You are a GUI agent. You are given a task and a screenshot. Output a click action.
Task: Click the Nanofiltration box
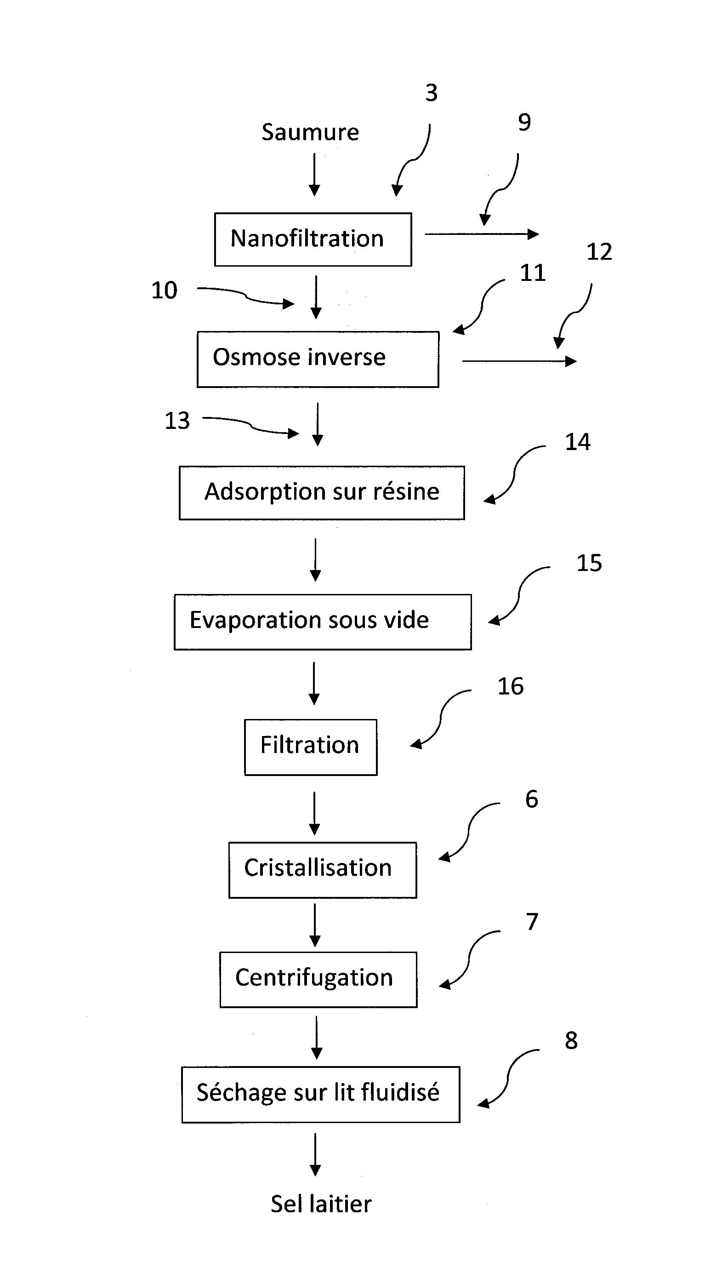pos(313,240)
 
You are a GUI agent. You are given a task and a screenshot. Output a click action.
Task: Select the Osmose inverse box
pos(318,359)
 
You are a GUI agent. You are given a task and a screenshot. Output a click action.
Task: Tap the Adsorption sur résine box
pos(322,492)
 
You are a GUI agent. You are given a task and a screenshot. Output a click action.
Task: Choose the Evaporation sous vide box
pos(322,622)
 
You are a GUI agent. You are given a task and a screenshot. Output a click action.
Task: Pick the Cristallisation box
pos(322,870)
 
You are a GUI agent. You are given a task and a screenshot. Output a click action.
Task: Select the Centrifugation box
pos(318,979)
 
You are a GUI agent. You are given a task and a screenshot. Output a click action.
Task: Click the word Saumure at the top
pos(310,132)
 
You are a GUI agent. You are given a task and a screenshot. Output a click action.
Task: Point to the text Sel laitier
pos(321,1204)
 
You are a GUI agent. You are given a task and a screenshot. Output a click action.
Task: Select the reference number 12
pos(599,252)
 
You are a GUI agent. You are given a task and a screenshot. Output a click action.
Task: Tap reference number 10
pos(164,291)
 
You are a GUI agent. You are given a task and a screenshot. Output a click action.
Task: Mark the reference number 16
pos(510,687)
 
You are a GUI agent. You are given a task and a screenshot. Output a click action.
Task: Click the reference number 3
pos(432,93)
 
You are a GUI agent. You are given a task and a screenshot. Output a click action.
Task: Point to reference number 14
pos(578,442)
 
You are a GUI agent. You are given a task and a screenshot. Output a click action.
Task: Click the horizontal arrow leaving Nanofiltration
pos(481,234)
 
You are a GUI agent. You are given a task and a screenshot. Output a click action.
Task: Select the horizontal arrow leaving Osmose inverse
pos(519,361)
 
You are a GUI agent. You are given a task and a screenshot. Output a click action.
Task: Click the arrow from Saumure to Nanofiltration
pos(314,175)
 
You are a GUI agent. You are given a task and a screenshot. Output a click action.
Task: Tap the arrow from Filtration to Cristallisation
pos(314,813)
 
